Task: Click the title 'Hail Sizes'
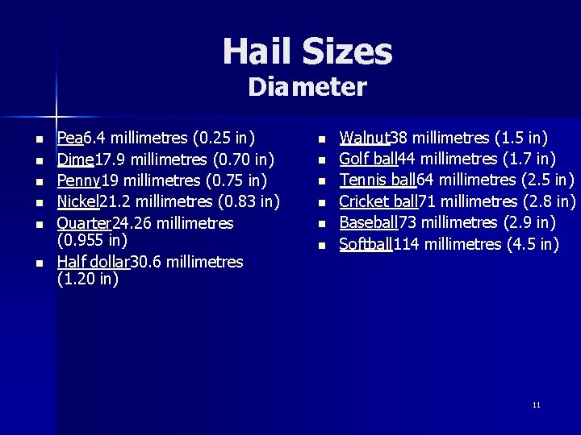307,52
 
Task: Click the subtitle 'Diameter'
307,86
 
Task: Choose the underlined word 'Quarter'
84,222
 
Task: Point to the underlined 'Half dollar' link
93,261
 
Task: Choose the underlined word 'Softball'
365,243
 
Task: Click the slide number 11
537,404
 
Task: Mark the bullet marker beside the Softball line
321,245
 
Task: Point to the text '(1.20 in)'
88,280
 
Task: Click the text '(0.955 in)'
93,240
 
